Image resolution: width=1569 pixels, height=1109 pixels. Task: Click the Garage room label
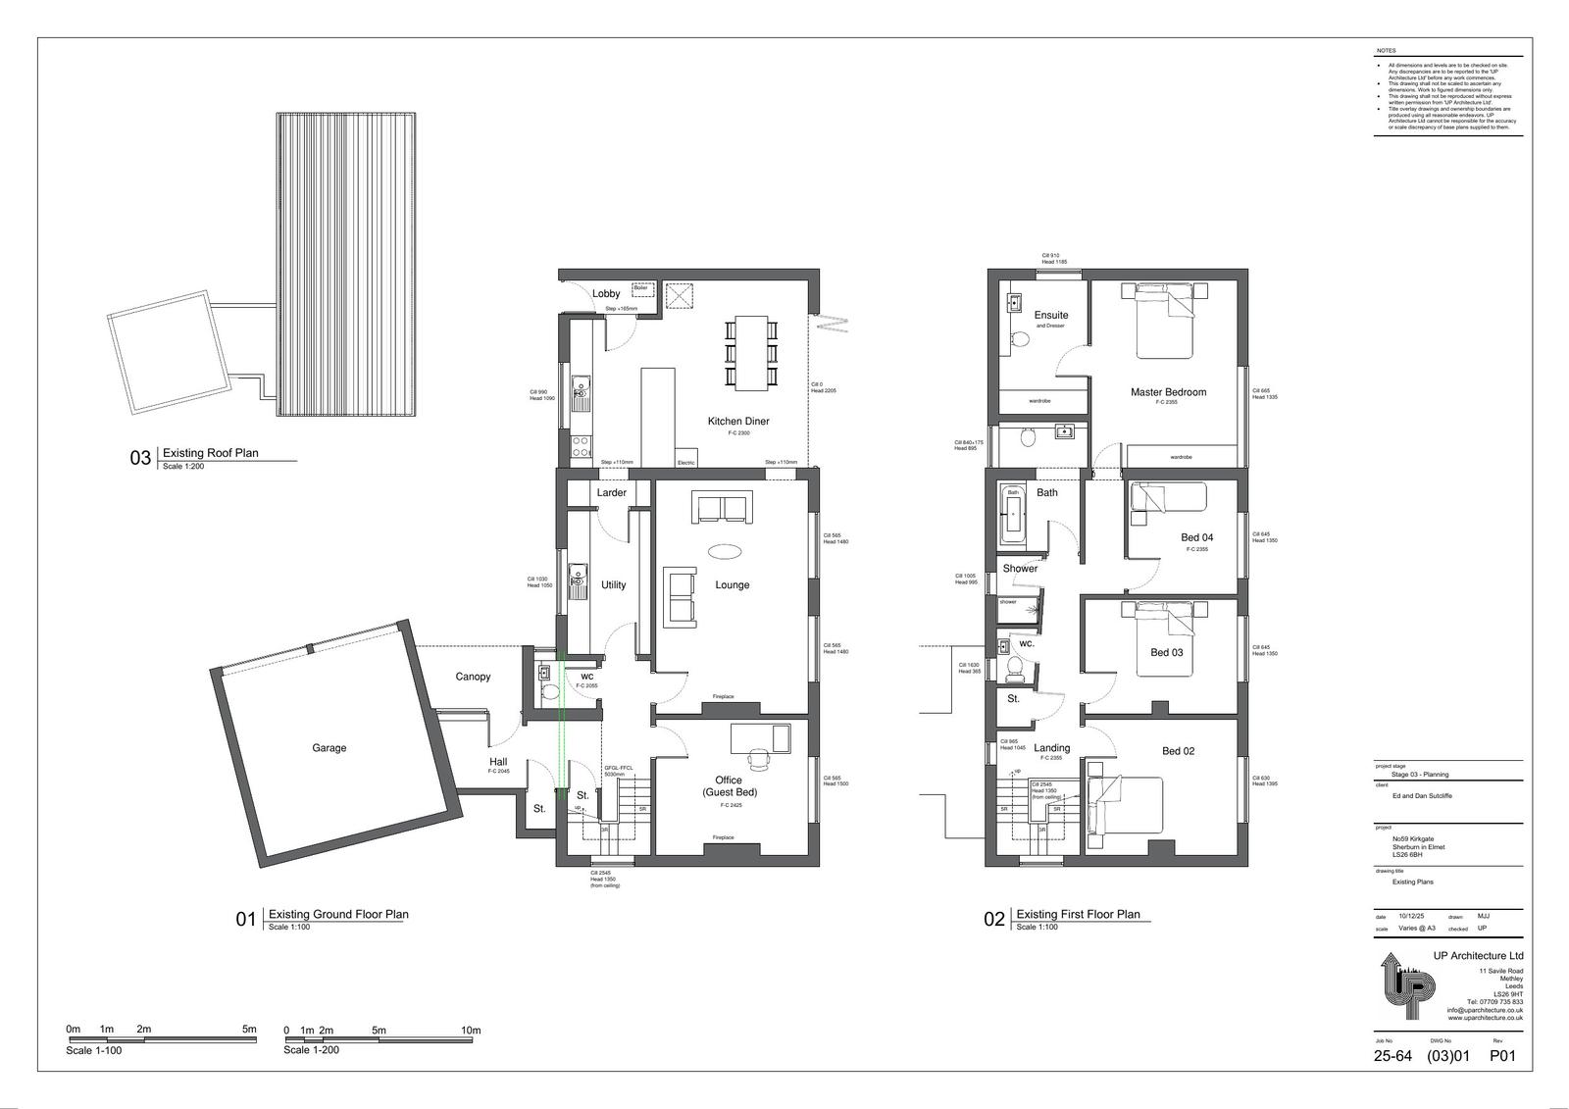click(x=329, y=748)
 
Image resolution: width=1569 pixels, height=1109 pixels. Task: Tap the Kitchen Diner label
click(x=738, y=422)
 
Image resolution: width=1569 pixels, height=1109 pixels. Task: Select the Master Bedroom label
click(x=1168, y=392)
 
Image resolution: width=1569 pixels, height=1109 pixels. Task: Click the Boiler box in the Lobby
click(x=641, y=289)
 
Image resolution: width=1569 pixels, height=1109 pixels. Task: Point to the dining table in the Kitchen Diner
click(x=751, y=351)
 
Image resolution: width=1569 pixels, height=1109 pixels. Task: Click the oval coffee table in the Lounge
click(x=726, y=549)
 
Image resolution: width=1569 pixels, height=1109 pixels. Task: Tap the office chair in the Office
click(x=758, y=759)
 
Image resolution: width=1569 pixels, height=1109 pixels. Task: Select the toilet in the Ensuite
click(x=1020, y=340)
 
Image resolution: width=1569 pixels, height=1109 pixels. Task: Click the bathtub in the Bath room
click(x=1013, y=513)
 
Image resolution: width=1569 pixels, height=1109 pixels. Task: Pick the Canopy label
click(x=473, y=677)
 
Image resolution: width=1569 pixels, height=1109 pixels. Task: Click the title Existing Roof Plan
click(x=210, y=453)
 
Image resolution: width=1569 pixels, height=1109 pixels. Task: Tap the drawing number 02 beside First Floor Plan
click(x=994, y=920)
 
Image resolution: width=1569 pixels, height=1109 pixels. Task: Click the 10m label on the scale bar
click(x=471, y=1031)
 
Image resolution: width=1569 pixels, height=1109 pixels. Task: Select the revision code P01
click(x=1502, y=1056)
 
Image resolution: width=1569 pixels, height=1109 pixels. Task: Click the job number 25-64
click(x=1392, y=1056)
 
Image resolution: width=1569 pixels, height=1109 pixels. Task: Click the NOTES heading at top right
click(x=1386, y=50)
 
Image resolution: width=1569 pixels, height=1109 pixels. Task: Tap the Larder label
click(x=611, y=493)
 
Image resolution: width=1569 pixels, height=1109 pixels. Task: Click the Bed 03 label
click(x=1166, y=653)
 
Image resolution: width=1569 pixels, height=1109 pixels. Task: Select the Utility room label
click(x=613, y=585)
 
